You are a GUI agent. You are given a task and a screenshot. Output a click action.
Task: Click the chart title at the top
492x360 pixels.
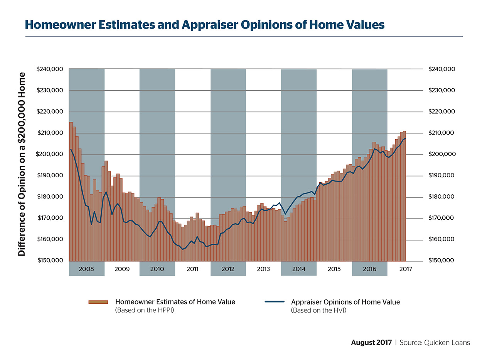point(204,25)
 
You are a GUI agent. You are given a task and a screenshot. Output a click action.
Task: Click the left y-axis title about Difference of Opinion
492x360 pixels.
point(22,164)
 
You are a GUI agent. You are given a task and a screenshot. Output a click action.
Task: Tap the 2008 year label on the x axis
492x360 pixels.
point(86,269)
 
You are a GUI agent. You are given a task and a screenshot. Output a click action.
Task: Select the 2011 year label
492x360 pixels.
point(192,269)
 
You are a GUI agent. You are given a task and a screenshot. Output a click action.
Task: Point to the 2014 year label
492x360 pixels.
point(299,269)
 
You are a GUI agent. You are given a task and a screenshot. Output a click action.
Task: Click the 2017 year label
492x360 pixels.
point(405,269)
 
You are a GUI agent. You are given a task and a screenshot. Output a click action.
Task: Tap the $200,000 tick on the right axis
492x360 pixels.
point(441,154)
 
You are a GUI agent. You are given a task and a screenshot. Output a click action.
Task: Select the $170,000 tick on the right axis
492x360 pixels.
point(441,218)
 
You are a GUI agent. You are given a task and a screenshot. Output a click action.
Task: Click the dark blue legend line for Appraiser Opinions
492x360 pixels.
point(275,302)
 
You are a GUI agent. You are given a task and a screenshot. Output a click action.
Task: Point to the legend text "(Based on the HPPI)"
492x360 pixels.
point(145,310)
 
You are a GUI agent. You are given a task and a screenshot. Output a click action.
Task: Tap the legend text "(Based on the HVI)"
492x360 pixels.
point(318,310)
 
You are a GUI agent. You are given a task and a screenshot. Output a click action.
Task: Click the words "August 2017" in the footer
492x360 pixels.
point(371,343)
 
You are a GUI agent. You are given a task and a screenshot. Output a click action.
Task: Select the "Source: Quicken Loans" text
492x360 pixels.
point(435,343)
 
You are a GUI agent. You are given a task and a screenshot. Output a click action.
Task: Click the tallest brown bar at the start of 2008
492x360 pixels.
point(71,193)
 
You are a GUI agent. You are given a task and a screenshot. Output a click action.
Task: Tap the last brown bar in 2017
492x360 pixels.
point(404,197)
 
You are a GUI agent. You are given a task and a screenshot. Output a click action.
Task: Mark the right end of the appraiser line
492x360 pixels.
point(406,138)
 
